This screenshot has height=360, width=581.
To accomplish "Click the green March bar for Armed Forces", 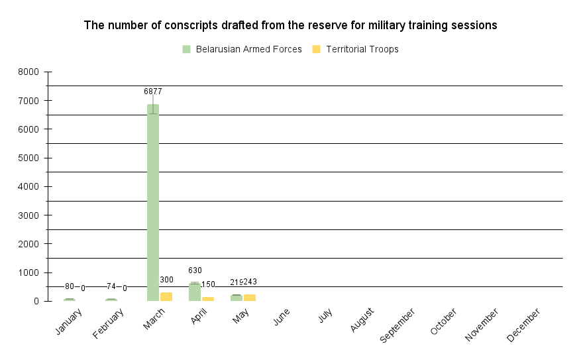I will click(x=153, y=202).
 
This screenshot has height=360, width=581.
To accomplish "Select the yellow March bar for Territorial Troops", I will click(x=166, y=297).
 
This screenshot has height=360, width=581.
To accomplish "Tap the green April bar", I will click(x=195, y=292).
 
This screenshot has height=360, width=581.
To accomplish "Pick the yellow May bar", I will click(x=250, y=298).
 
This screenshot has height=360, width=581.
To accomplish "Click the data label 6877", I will click(x=153, y=91).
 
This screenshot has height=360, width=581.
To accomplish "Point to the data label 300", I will click(x=166, y=280).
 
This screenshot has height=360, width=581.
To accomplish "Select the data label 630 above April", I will click(x=195, y=270).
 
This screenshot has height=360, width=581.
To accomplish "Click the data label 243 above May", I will click(x=250, y=282).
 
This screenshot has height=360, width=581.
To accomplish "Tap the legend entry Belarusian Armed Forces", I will click(x=248, y=49).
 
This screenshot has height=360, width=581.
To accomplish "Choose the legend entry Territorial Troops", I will click(x=362, y=49).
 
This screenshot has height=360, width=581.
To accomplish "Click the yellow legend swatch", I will click(x=316, y=49).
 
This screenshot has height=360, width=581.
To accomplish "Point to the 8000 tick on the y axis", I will click(x=30, y=72).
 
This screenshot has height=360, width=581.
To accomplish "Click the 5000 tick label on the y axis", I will click(x=30, y=158).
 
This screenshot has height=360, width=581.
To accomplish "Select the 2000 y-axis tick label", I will click(x=30, y=244).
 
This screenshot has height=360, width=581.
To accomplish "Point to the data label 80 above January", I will click(x=70, y=286).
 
